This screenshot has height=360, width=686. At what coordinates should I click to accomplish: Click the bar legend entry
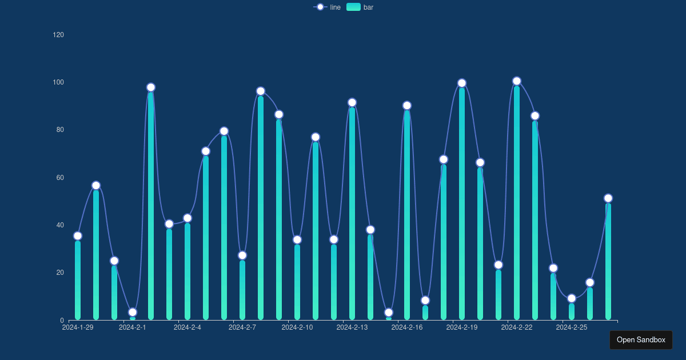[360, 7]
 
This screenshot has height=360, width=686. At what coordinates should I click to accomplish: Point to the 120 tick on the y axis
[58, 35]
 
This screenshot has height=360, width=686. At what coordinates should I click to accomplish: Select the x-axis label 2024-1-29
[78, 327]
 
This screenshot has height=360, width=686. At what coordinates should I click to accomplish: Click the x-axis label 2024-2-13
[352, 327]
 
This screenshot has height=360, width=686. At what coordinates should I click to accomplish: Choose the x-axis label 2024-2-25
[572, 327]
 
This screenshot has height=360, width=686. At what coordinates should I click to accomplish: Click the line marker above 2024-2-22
[517, 81]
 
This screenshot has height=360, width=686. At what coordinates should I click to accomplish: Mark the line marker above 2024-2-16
[407, 106]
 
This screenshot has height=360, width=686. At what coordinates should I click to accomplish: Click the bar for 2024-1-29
[78, 280]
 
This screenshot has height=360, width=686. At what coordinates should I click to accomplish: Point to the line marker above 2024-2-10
[297, 239]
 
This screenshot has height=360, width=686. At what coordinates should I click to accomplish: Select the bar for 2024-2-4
[188, 271]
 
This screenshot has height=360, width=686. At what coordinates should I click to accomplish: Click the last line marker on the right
[608, 198]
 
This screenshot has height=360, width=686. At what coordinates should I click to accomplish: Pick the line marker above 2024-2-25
[572, 298]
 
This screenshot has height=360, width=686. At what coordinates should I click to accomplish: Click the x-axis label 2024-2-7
[242, 327]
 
